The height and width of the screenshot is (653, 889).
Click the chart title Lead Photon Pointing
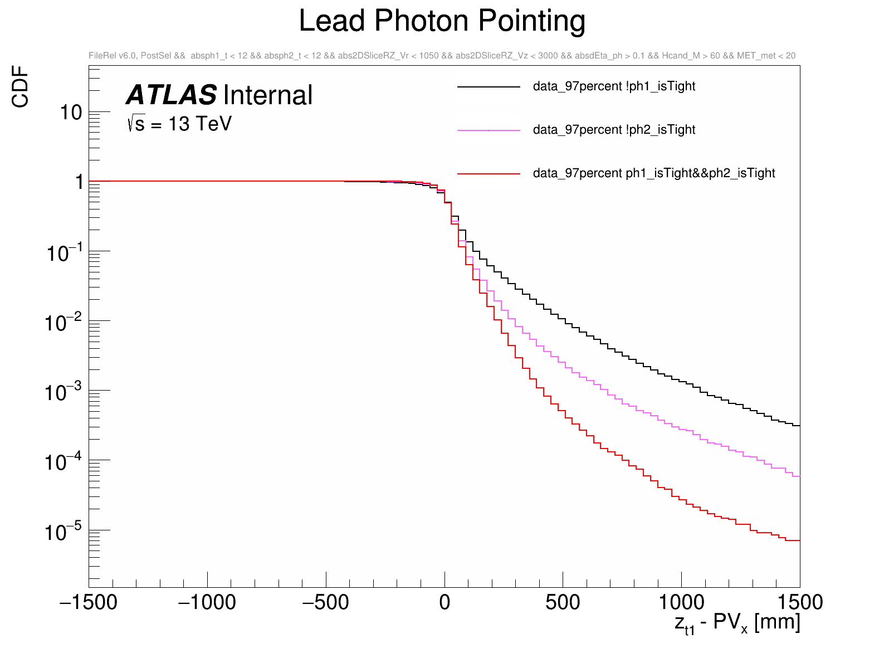coord(442,22)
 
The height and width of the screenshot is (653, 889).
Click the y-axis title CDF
coord(21,86)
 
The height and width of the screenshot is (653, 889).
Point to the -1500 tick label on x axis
coord(89,602)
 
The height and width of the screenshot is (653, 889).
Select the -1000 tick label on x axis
coord(207,602)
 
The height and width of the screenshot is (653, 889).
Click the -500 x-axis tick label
coord(325,602)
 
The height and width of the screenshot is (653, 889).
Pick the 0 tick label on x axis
coord(444,602)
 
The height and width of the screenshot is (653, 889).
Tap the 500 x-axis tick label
coord(563,602)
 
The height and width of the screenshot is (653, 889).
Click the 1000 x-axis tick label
coord(681,602)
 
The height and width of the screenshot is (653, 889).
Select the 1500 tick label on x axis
coord(799,602)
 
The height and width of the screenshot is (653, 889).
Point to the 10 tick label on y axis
coord(71,113)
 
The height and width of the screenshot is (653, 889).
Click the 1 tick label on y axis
coord(79,182)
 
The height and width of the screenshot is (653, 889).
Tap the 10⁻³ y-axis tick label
coord(63,392)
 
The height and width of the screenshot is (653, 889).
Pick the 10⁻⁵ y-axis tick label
coord(63,532)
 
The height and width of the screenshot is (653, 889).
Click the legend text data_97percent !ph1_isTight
coord(614,86)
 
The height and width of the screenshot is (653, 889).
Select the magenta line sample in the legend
coord(489,130)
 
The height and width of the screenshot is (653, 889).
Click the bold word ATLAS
coord(172,95)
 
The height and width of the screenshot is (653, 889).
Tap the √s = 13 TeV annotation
coord(179,124)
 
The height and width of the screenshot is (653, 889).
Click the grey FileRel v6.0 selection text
coord(442,56)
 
